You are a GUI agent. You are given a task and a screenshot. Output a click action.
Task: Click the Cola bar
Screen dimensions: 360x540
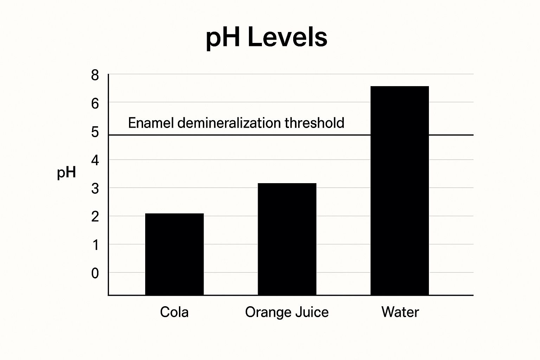pyautogui.click(x=174, y=254)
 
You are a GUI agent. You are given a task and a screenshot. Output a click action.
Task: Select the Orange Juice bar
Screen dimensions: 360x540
pyautogui.click(x=287, y=239)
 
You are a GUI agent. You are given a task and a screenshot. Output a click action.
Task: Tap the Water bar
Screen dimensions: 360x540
pyautogui.click(x=400, y=190)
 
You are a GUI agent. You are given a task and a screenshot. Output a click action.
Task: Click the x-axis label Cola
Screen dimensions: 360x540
pyautogui.click(x=174, y=312)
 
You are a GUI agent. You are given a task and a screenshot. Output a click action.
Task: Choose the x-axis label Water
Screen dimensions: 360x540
pyautogui.click(x=400, y=312)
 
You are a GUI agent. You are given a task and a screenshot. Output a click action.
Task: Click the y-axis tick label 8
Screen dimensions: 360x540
pyautogui.click(x=95, y=76)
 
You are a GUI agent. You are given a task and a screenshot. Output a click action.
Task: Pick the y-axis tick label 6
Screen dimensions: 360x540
pyautogui.click(x=95, y=104)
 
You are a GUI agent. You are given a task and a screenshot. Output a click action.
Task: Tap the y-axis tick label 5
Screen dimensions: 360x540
pyautogui.click(x=95, y=133)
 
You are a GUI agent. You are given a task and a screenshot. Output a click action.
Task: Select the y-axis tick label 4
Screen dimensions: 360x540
pyautogui.click(x=95, y=161)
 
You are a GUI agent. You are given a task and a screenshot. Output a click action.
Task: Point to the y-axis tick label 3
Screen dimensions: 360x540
pyautogui.click(x=95, y=189)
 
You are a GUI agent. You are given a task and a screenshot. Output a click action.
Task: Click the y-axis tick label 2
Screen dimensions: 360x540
pyautogui.click(x=95, y=217)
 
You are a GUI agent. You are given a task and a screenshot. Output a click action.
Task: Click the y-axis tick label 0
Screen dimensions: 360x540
pyautogui.click(x=95, y=273)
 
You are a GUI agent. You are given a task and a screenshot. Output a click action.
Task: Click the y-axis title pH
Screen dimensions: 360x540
pyautogui.click(x=66, y=173)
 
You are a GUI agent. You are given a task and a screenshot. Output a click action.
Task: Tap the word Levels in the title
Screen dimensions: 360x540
pyautogui.click(x=287, y=37)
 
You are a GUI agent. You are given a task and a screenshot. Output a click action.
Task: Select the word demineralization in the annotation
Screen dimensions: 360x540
pyautogui.click(x=229, y=123)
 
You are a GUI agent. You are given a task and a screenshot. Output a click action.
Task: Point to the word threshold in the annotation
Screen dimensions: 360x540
pyautogui.click(x=314, y=123)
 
